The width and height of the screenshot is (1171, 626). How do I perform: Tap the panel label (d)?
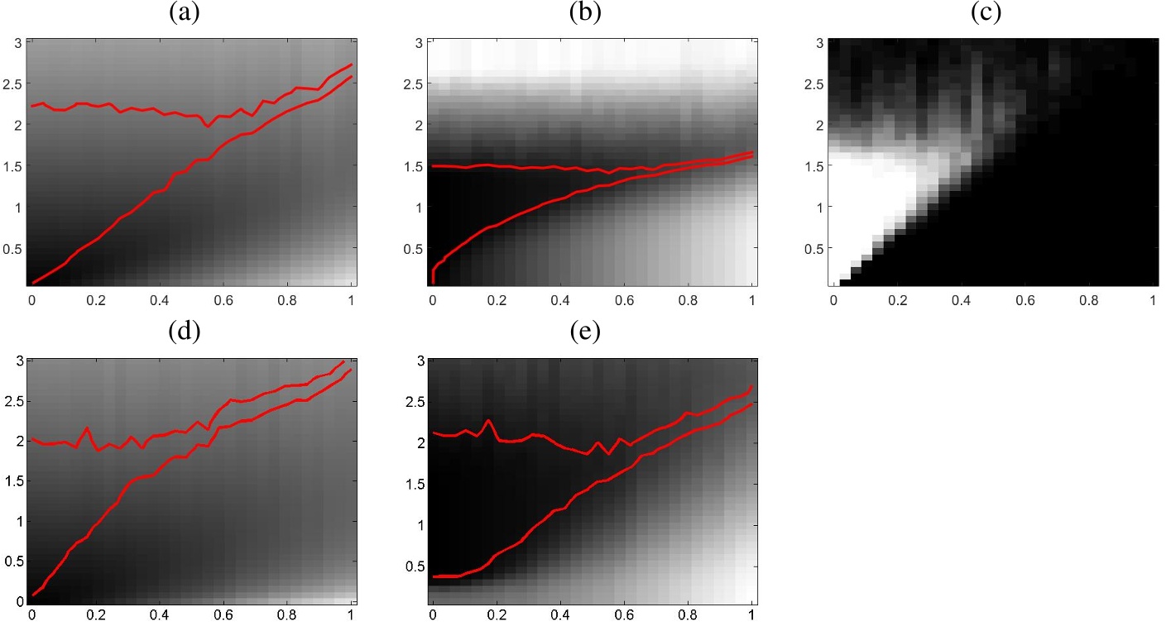pos(184,332)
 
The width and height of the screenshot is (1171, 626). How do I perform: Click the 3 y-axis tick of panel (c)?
pos(817,42)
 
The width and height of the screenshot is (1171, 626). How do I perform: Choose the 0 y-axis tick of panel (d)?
pos(20,602)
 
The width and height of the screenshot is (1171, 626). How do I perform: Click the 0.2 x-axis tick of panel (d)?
pos(96,616)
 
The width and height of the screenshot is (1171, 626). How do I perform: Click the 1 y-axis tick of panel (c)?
pos(817,207)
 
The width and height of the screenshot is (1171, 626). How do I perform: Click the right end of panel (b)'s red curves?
pos(751,154)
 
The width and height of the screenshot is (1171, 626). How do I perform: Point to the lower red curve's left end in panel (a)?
pos(33,283)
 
